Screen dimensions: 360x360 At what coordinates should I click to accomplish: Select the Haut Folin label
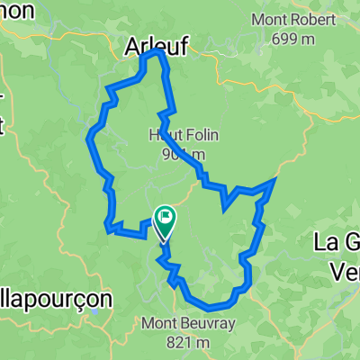[x=177, y=135]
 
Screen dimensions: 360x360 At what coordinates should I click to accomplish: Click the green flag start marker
[x=166, y=217]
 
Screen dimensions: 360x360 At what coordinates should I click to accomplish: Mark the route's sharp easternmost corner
[x=274, y=182]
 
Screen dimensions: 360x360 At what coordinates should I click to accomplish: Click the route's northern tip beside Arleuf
[x=159, y=52]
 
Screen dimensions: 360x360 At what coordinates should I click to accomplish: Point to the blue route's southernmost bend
[x=209, y=302]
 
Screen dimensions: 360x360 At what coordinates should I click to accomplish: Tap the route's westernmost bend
[x=89, y=138]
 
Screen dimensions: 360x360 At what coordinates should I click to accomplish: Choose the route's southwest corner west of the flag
[x=109, y=229]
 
